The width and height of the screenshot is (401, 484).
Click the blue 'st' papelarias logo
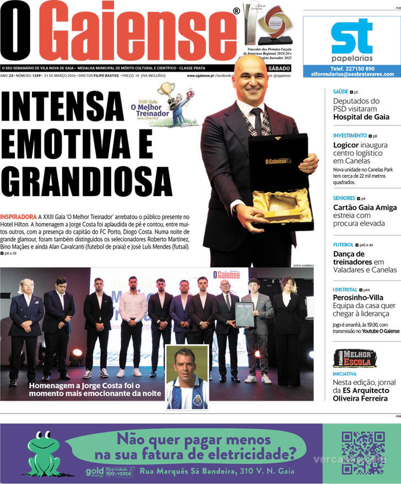[x=351, y=37]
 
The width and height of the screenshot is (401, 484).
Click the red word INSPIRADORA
[x=19, y=217]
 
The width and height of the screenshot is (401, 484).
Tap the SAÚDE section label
[x=340, y=92]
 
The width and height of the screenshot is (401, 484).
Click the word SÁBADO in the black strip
[x=279, y=68]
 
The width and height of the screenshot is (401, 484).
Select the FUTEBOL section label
[x=343, y=244]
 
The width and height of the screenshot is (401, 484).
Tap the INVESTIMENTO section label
[x=349, y=135]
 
